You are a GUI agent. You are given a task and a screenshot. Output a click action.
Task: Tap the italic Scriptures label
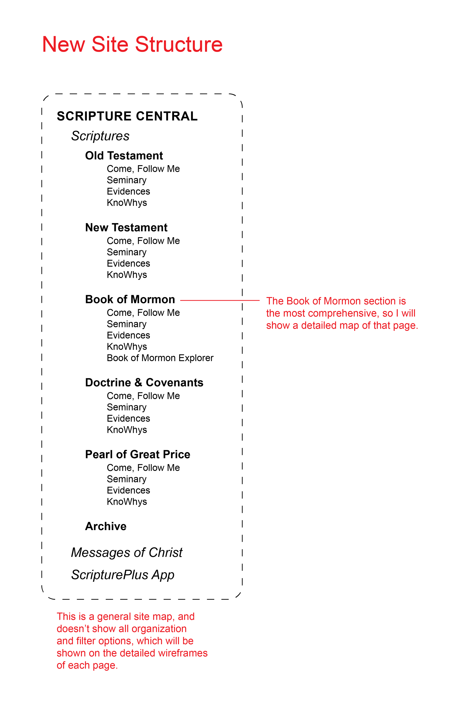[100, 136]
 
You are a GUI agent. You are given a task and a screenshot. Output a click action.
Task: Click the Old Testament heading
[124, 156]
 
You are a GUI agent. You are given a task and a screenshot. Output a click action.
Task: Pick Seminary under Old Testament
[127, 180]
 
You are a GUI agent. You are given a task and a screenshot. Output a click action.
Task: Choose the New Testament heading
[126, 228]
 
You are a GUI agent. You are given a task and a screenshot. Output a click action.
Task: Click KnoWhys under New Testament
[127, 275]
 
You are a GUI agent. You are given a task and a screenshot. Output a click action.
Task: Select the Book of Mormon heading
[130, 300]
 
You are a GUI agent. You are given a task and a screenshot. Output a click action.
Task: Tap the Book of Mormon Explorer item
[160, 358]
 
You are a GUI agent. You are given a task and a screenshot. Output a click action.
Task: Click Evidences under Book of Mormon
[128, 335]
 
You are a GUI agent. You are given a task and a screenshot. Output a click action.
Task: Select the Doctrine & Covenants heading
[144, 383]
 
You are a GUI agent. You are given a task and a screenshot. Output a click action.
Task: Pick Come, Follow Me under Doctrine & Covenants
[143, 396]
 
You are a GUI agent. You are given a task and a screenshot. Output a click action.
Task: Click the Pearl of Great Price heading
[138, 455]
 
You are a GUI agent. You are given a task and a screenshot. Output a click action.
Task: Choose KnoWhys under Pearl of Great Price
[127, 502]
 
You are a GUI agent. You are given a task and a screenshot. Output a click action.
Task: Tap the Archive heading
[106, 526]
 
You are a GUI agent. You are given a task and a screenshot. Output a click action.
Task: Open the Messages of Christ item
[127, 553]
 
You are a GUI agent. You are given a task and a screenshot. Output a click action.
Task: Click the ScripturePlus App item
[123, 575]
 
